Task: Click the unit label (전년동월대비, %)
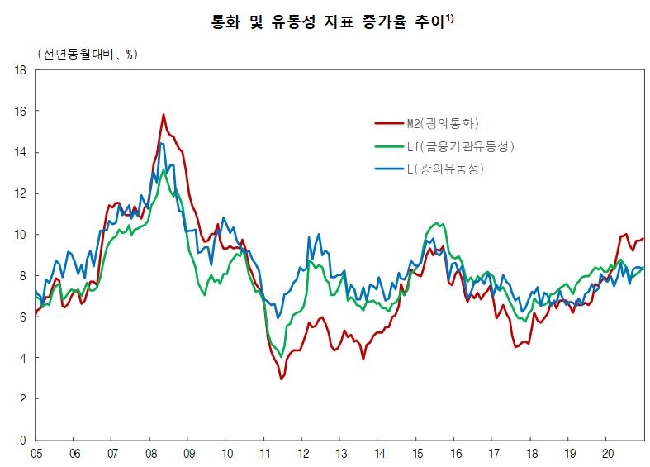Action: click(x=88, y=54)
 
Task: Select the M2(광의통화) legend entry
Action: click(x=443, y=123)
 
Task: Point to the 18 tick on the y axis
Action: click(x=20, y=71)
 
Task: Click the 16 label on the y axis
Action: click(x=20, y=112)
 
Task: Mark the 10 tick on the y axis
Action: click(x=20, y=235)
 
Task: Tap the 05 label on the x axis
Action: click(x=36, y=454)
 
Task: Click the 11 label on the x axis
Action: click(x=264, y=454)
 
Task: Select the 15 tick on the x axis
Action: click(x=417, y=454)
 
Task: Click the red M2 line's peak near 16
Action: click(x=164, y=114)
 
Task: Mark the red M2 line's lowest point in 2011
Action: click(x=282, y=379)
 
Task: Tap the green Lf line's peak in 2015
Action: click(x=436, y=223)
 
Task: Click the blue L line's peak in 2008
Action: click(x=160, y=144)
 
